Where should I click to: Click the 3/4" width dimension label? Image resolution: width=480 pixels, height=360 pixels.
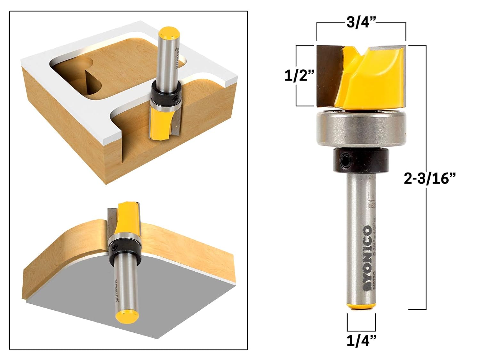click(361, 23)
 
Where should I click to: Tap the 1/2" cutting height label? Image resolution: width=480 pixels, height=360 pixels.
click(299, 76)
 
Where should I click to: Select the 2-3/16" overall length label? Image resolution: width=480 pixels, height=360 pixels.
click(429, 178)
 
